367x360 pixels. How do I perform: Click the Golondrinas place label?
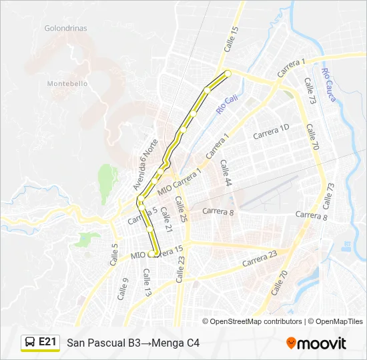(65, 29)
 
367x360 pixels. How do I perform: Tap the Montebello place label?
(67, 83)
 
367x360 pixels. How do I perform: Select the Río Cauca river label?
(328, 85)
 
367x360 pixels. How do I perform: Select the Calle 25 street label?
(181, 208)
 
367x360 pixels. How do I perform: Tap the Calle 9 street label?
(123, 289)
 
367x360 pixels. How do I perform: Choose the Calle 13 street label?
(147, 282)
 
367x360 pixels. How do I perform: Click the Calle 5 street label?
(113, 255)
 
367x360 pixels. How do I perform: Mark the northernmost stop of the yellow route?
(228, 73)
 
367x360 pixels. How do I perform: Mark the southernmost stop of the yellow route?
(155, 253)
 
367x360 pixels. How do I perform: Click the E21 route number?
(47, 342)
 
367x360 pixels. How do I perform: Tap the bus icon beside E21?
(30, 343)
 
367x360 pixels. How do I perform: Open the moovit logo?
(316, 343)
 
